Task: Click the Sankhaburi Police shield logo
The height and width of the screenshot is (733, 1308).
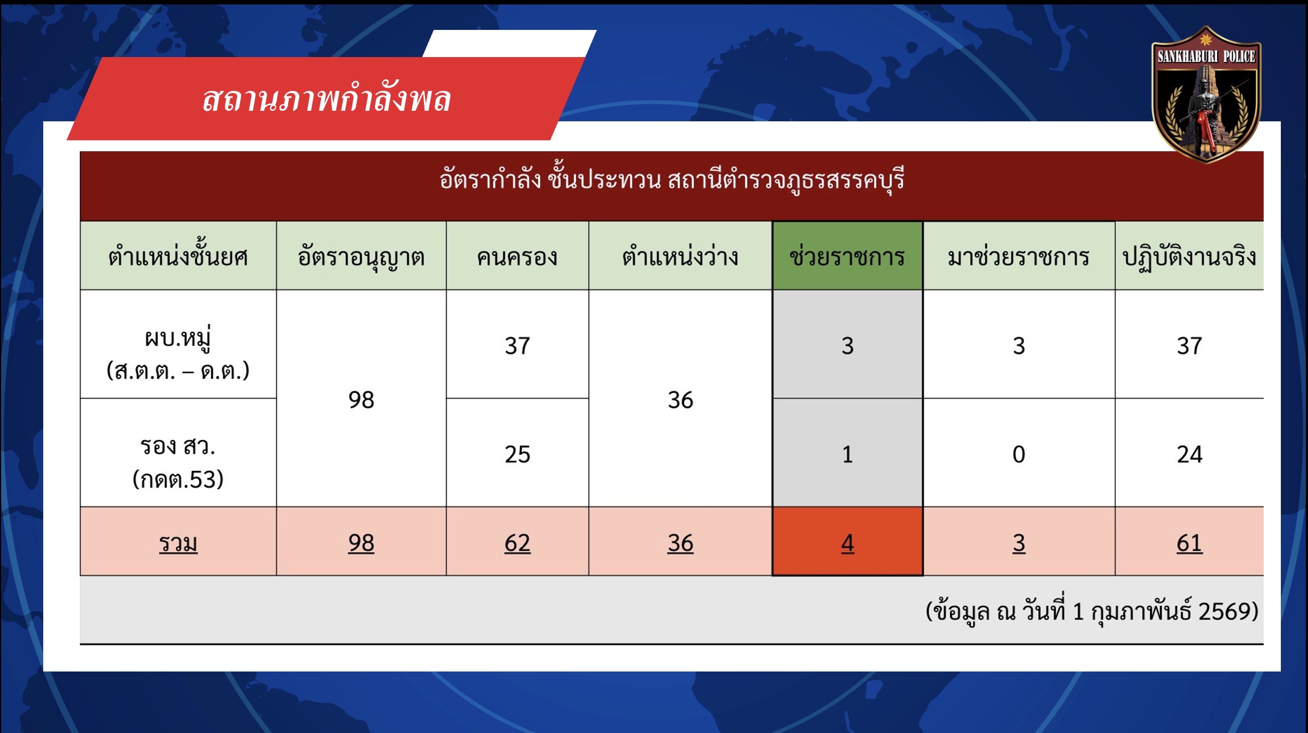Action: (x=1206, y=94)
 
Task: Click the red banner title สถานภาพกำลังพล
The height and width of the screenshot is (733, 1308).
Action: (x=326, y=99)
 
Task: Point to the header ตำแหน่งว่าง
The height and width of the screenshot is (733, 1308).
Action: (x=680, y=256)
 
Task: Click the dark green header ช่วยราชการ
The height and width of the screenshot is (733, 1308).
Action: (x=847, y=256)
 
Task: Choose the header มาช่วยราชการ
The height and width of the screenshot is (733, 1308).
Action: (x=1019, y=256)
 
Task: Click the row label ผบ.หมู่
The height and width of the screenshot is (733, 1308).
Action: (x=178, y=337)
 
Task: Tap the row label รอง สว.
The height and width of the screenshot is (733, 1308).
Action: (x=178, y=446)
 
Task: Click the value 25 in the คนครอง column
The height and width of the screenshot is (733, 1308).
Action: (x=517, y=454)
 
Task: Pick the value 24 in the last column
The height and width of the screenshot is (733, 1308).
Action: (x=1189, y=454)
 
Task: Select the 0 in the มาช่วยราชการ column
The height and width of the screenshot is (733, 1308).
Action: (x=1019, y=454)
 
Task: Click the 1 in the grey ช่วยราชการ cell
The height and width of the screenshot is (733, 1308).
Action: (x=847, y=454)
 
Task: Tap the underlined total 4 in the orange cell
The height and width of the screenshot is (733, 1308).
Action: (x=847, y=543)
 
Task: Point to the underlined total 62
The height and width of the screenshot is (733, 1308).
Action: (x=517, y=543)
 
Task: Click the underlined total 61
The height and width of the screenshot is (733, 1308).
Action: (x=1189, y=543)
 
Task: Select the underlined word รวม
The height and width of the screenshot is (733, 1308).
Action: (x=178, y=544)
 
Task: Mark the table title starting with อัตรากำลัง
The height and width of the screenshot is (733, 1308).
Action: (x=672, y=179)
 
